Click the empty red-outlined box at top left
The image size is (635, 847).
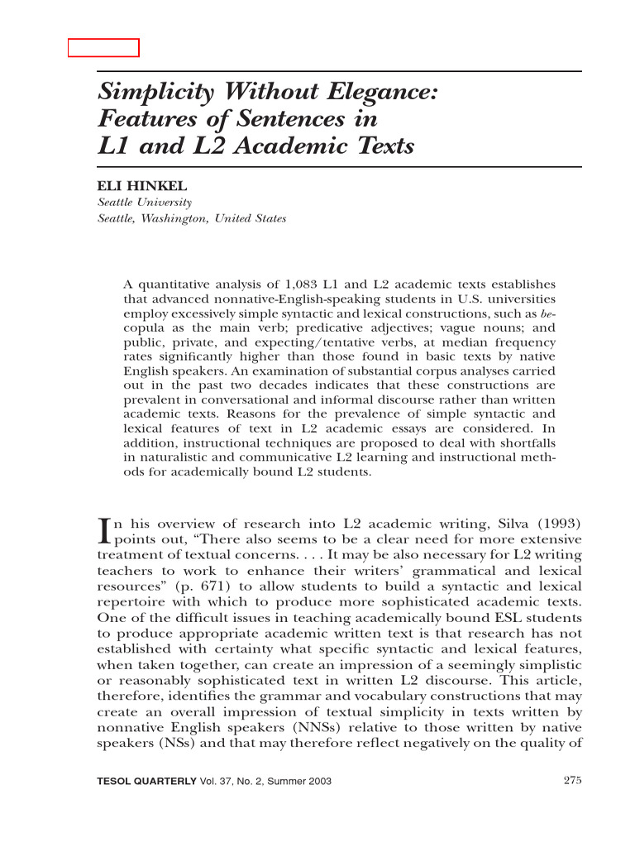103,47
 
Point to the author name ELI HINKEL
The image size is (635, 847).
142,187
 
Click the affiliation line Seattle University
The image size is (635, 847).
145,203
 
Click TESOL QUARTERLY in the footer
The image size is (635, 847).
147,782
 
